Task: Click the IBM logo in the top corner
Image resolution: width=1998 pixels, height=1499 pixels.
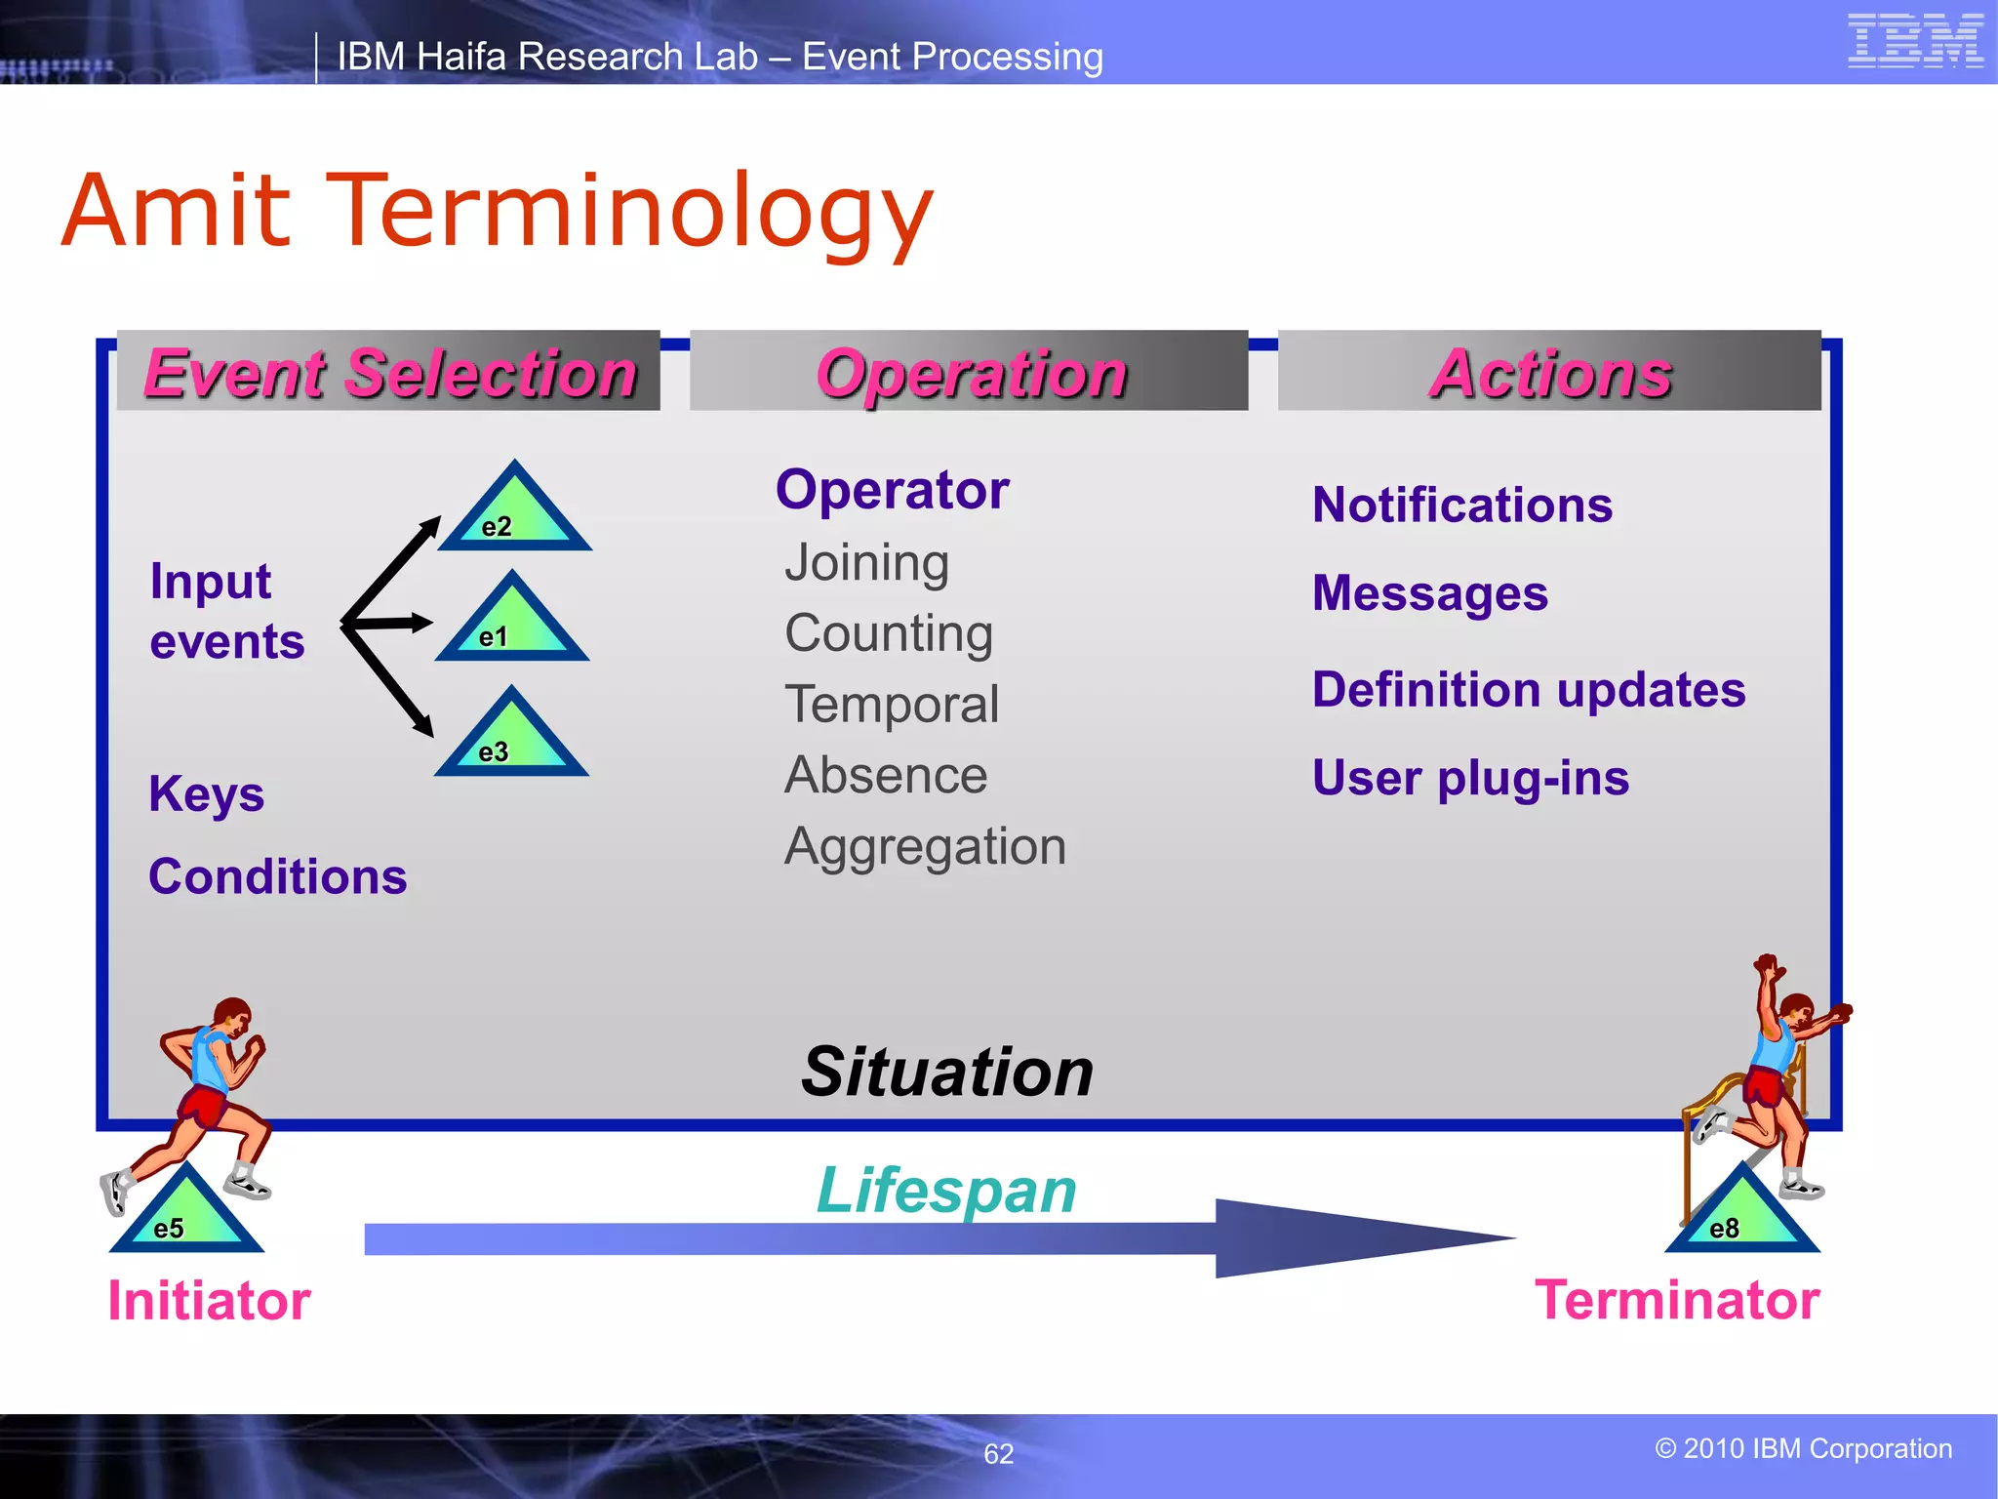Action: (x=1915, y=42)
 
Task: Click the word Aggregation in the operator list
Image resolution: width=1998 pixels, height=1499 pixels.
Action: (x=925, y=847)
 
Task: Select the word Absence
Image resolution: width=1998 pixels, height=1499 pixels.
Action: (x=886, y=776)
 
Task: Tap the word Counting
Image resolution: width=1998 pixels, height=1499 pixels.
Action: (x=889, y=633)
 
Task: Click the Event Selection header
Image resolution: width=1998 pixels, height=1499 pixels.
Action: (x=389, y=373)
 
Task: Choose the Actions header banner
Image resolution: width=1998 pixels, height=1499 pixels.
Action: (x=1549, y=373)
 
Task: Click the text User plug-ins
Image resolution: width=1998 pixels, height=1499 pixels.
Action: (x=1470, y=779)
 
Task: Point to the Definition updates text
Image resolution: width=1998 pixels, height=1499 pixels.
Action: (x=1528, y=690)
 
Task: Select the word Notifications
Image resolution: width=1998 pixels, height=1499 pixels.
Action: (x=1461, y=506)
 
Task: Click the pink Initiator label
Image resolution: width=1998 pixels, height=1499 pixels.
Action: (x=209, y=1301)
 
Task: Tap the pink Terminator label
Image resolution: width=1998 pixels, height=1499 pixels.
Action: (x=1676, y=1301)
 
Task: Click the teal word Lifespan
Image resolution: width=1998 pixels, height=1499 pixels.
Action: (x=945, y=1192)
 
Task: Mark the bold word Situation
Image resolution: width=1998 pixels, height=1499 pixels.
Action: (x=946, y=1073)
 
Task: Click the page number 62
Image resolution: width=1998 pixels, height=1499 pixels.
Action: (x=998, y=1454)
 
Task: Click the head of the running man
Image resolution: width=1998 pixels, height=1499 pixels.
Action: (x=233, y=1017)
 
